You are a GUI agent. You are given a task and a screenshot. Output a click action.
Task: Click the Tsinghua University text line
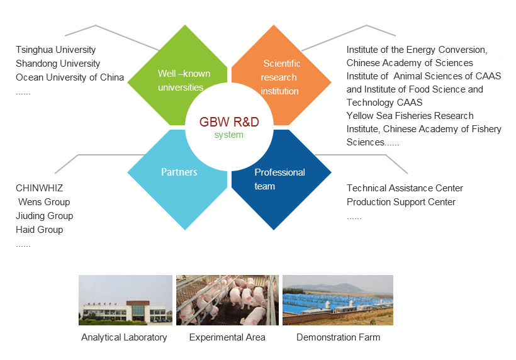click(x=55, y=50)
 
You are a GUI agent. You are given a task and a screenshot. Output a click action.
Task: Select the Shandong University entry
click(x=58, y=64)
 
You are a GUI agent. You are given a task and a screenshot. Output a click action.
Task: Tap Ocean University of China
click(x=70, y=77)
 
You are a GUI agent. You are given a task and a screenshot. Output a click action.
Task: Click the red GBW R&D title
click(x=229, y=121)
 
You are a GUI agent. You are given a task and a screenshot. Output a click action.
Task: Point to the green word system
click(x=228, y=135)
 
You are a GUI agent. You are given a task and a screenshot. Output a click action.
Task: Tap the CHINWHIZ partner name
click(x=39, y=188)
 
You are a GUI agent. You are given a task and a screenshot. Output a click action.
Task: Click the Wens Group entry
click(x=44, y=202)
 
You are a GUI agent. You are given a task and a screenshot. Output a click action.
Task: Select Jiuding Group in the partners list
click(x=45, y=216)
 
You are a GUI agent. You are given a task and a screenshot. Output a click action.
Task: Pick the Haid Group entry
click(x=40, y=230)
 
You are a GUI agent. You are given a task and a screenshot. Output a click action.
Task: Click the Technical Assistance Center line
click(x=405, y=188)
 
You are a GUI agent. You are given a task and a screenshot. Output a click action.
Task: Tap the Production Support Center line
click(x=401, y=202)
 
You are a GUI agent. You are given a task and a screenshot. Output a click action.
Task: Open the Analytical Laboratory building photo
click(x=125, y=300)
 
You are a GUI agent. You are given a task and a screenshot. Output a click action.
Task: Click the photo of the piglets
click(x=227, y=300)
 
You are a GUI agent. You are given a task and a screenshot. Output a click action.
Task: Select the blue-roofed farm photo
click(x=338, y=300)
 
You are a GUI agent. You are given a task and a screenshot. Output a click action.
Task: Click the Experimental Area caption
click(x=227, y=337)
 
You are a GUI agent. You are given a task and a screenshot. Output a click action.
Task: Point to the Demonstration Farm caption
click(x=339, y=337)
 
